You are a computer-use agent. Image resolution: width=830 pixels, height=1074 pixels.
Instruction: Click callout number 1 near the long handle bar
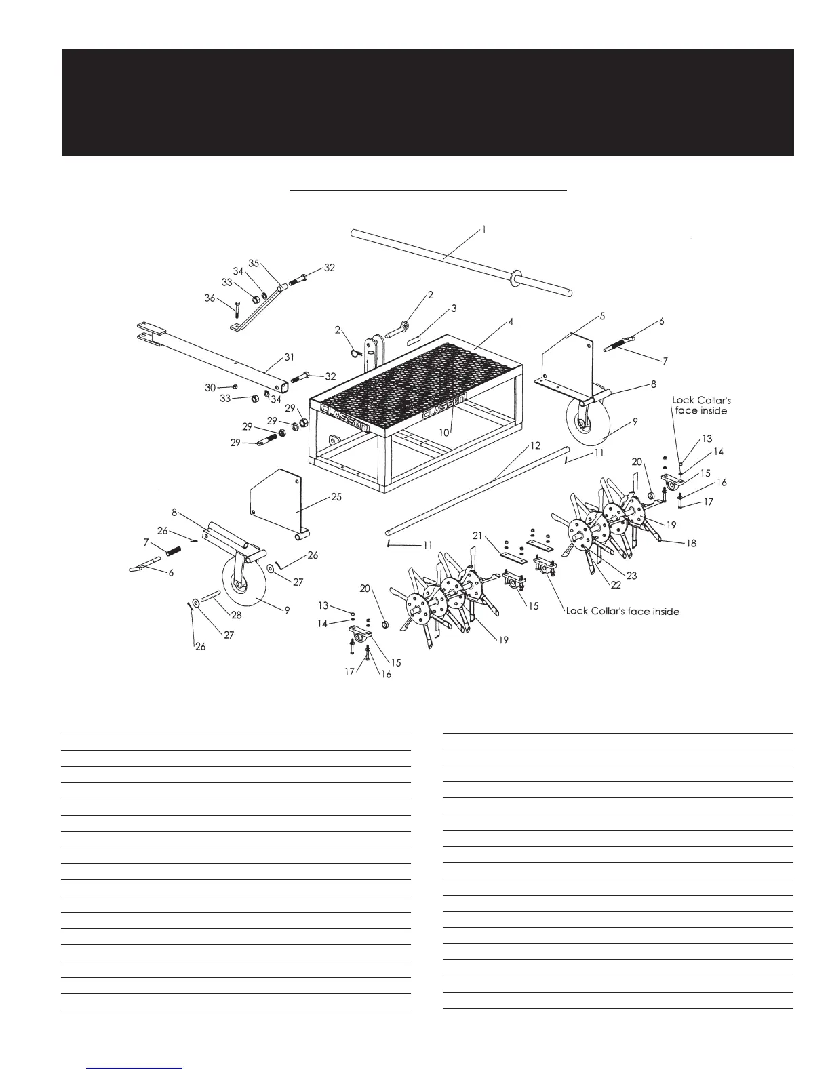pos(483,230)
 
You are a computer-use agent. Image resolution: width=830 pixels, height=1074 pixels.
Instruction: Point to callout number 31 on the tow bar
pos(290,357)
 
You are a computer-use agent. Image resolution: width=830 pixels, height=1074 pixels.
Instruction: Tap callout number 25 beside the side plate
pos(336,497)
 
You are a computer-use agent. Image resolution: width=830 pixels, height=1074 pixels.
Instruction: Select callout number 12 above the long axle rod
pos(536,445)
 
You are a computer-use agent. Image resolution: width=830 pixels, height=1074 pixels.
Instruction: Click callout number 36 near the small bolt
pos(210,298)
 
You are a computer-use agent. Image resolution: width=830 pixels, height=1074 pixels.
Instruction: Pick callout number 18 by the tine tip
pos(691,543)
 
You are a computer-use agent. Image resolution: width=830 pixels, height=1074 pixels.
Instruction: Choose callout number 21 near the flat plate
pos(478,536)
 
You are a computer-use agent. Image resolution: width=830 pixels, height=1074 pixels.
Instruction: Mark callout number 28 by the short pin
pos(236,615)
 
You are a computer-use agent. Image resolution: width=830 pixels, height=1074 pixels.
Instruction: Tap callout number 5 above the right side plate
pos(602,316)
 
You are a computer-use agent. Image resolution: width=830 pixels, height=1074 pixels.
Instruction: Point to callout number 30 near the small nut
pos(210,387)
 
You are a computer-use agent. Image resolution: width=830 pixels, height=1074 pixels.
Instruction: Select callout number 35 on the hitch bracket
pos(254,263)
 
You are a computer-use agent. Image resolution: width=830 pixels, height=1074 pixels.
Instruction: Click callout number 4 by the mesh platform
pos(511,322)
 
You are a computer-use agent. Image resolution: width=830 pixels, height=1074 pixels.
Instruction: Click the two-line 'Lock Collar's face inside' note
pos(701,405)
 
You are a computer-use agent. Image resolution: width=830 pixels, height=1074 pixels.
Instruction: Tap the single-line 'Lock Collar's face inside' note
pos(622,612)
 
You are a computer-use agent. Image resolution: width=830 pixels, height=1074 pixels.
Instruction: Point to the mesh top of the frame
pos(414,380)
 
